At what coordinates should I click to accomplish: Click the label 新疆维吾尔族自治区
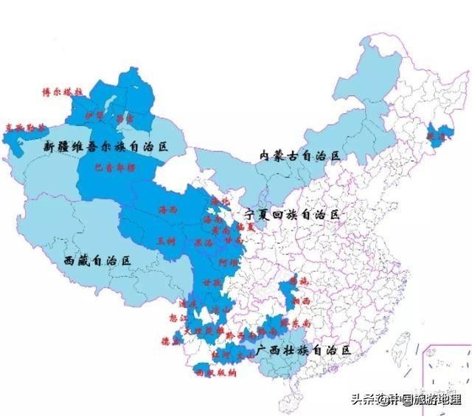click(x=106, y=147)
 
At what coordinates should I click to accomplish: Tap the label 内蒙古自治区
click(x=301, y=155)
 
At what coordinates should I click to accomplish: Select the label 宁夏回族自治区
click(x=294, y=214)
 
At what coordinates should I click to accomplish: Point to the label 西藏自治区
click(x=97, y=260)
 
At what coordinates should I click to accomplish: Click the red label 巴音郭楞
click(x=117, y=168)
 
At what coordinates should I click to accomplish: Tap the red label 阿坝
click(x=228, y=262)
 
